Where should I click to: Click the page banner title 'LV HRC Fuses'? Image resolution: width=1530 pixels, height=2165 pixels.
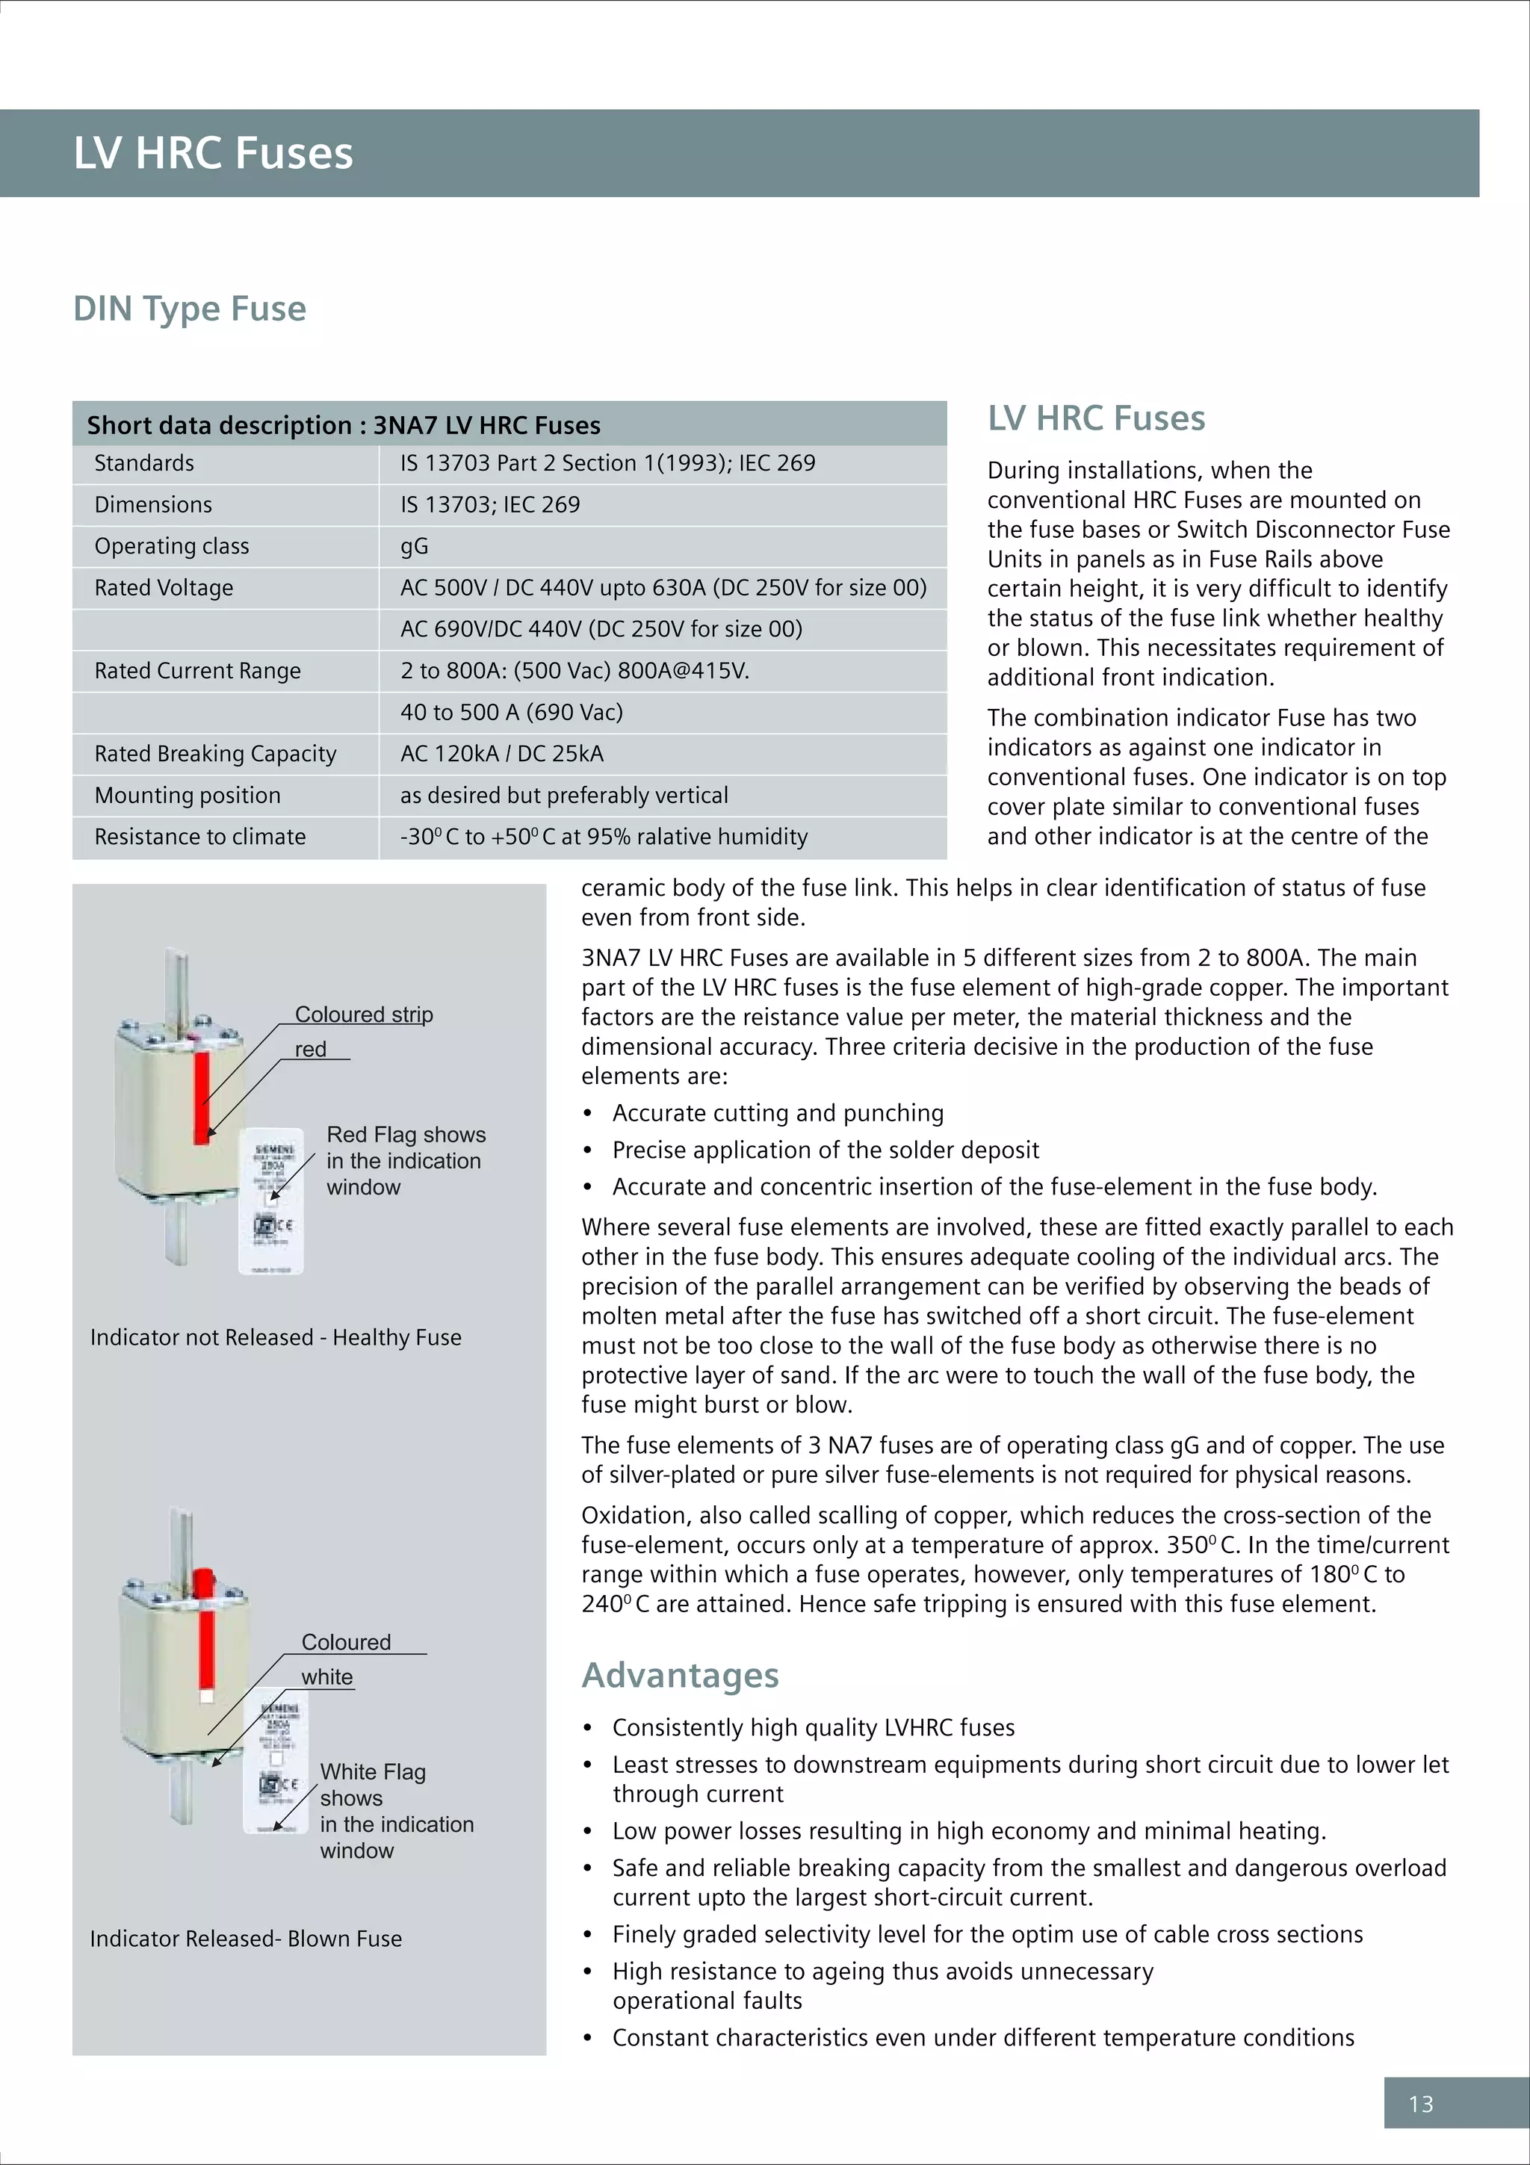(x=213, y=152)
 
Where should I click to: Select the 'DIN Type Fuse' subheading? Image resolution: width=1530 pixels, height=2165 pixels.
(x=190, y=309)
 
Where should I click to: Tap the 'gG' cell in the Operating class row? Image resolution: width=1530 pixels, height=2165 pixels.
(x=414, y=546)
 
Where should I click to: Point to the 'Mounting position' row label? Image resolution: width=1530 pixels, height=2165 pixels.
(x=188, y=795)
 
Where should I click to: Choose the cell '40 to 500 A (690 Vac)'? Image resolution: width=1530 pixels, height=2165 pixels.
(x=511, y=712)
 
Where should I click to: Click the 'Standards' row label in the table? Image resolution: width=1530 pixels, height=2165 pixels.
(x=144, y=463)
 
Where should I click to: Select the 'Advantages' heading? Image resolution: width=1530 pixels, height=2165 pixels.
(x=680, y=1675)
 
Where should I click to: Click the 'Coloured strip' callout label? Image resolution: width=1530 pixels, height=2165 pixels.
(x=364, y=1015)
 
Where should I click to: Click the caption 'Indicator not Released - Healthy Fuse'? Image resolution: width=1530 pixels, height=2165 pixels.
(x=275, y=1337)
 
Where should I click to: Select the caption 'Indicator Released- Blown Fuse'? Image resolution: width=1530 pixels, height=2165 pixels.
(x=245, y=1939)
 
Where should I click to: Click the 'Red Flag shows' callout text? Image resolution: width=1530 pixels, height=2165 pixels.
(x=406, y=1134)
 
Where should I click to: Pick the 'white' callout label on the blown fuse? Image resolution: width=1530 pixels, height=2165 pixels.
(x=327, y=1676)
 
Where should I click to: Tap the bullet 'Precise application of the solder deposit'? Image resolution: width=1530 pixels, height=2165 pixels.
(x=825, y=1150)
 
